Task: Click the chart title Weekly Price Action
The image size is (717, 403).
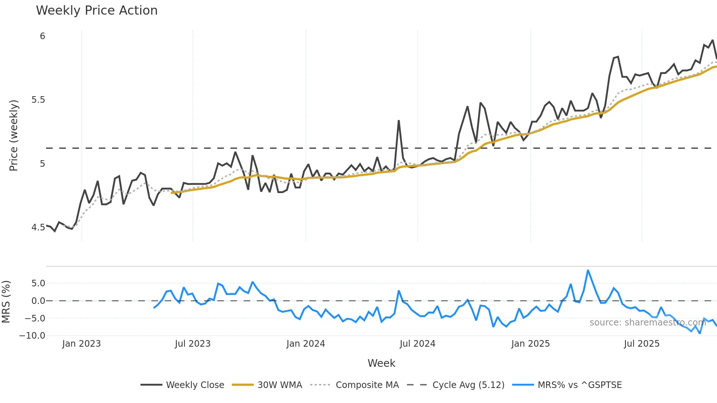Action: (97, 11)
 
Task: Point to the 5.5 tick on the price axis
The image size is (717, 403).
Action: (38, 100)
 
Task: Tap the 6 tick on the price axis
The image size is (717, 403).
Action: (42, 36)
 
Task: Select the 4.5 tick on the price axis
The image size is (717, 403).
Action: (38, 227)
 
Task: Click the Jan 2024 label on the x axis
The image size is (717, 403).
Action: (305, 344)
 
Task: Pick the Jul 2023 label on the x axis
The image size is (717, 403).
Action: (192, 344)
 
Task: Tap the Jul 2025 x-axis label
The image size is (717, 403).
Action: (642, 344)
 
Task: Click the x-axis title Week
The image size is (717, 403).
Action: (381, 363)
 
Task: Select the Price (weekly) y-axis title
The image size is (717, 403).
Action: (14, 135)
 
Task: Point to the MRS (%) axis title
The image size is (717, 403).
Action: (6, 302)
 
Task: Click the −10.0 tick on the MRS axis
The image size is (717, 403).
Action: (32, 336)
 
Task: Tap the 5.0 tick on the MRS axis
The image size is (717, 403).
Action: (38, 283)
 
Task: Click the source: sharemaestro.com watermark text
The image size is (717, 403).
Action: (647, 323)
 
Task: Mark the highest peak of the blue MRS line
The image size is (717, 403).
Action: (588, 271)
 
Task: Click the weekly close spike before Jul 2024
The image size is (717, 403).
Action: (399, 121)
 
